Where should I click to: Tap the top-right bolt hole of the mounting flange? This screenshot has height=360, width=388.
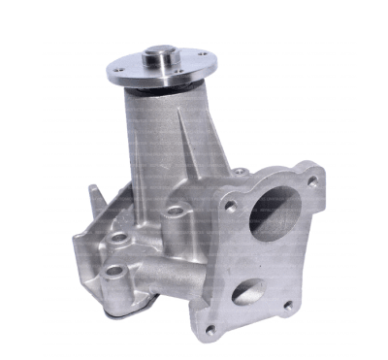[x=312, y=180]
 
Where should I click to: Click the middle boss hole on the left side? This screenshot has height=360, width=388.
[x=120, y=236]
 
